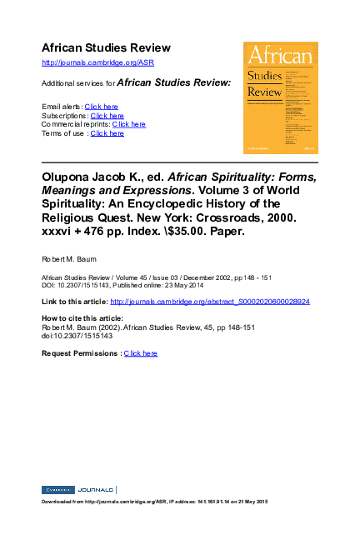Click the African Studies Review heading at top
click(x=106, y=47)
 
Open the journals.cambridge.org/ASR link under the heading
click(x=97, y=62)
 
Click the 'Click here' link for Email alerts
click(x=101, y=107)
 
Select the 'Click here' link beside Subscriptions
click(x=107, y=116)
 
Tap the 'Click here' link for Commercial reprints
click(x=128, y=124)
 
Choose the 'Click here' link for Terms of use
click(x=107, y=133)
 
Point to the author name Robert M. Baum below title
click(x=67, y=260)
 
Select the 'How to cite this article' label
click(x=82, y=318)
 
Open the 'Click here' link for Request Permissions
click(x=140, y=353)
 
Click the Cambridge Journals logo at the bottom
click(x=78, y=489)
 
